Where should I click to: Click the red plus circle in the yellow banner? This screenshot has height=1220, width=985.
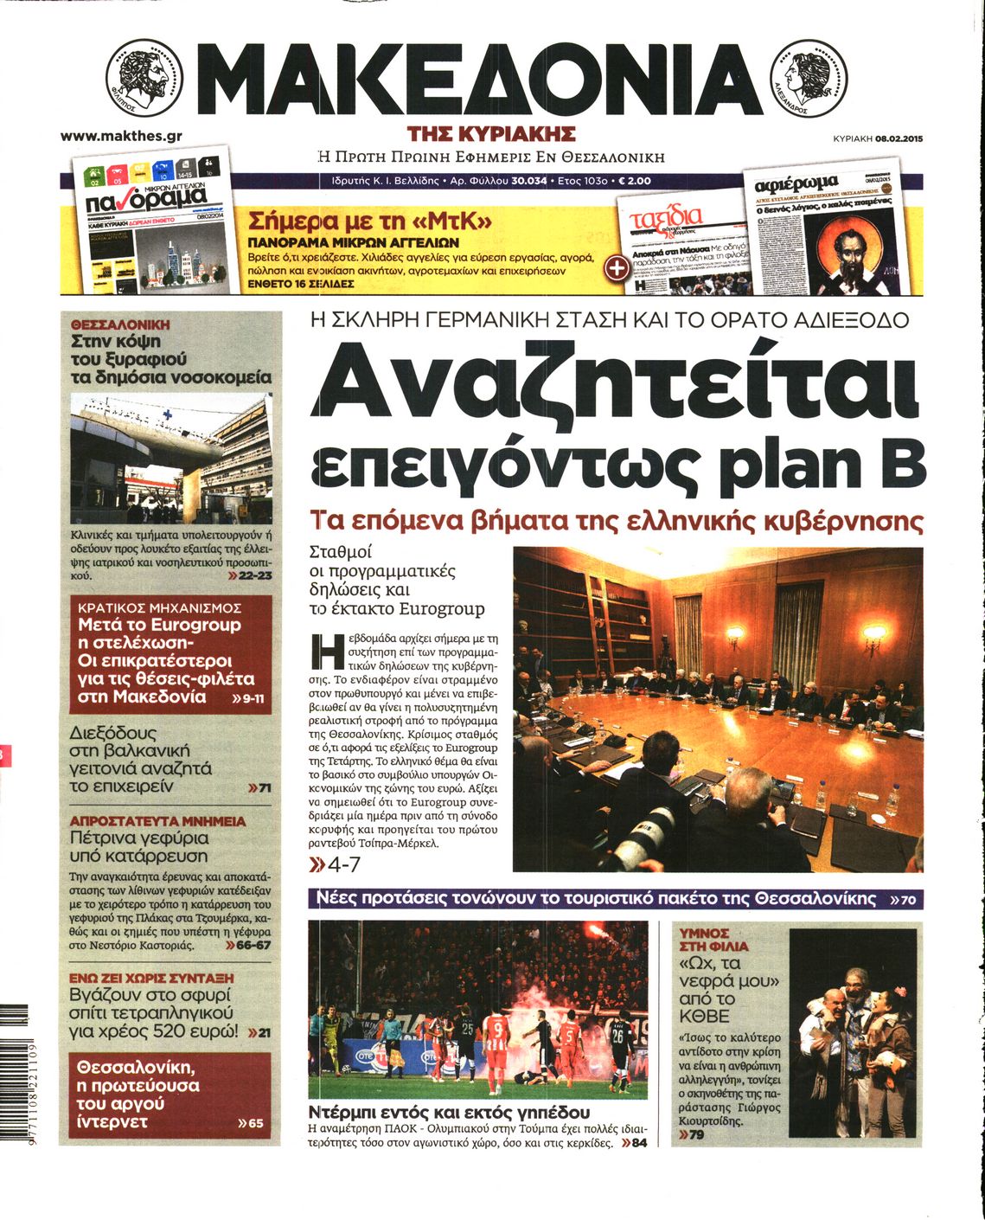pos(616,267)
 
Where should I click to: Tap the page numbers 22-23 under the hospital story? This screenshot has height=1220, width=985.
pos(256,575)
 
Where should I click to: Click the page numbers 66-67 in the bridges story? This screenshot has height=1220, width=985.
pos(253,946)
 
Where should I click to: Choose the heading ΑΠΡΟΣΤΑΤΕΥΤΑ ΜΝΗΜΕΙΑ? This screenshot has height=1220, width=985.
pos(157,821)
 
